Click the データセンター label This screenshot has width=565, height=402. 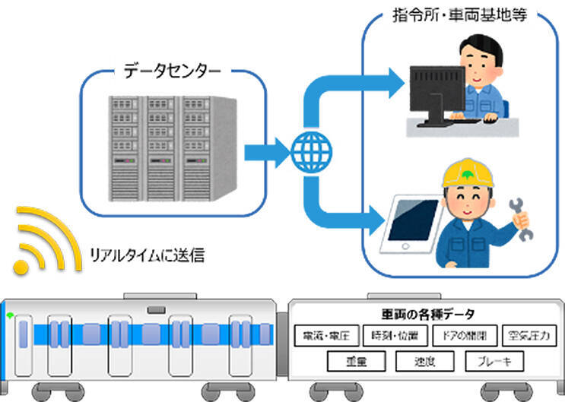[173, 72]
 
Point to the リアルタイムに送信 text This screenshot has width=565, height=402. [147, 257]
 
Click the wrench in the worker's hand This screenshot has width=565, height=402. [524, 217]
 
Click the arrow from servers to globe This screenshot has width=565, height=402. [266, 152]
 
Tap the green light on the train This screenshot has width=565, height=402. [9, 314]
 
